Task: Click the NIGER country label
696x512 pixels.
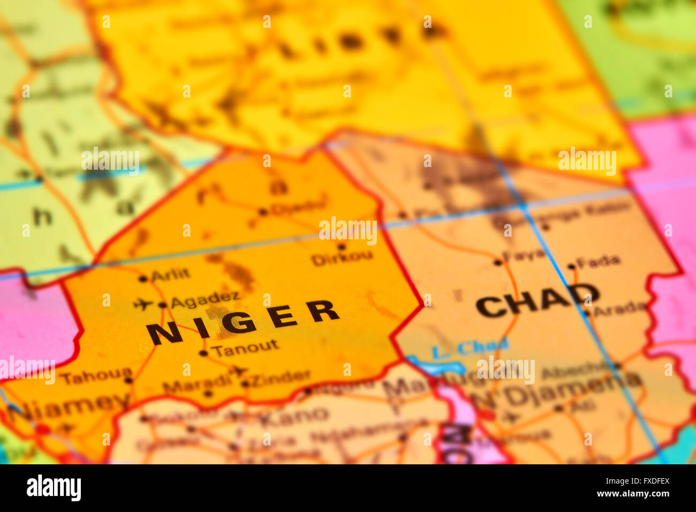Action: [x=243, y=321]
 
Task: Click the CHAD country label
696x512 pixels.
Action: [x=537, y=300]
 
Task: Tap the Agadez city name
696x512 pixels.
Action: [x=205, y=300]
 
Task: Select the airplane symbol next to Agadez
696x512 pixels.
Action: [x=143, y=304]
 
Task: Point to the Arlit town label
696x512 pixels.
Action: [x=170, y=275]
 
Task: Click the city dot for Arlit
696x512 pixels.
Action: [x=143, y=278]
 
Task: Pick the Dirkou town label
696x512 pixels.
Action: [x=342, y=258]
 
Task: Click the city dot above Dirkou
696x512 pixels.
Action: [x=341, y=246]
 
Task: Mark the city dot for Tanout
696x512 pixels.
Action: [x=203, y=353]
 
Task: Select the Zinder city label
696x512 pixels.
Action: [x=280, y=378]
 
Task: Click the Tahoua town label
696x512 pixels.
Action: [x=95, y=375]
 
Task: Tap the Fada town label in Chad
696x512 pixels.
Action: [x=599, y=261]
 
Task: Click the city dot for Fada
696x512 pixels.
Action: [x=571, y=266]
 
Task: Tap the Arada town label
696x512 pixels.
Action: [x=619, y=307]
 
